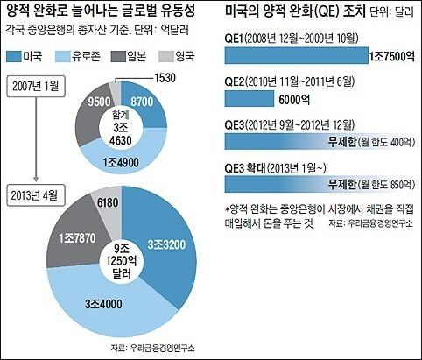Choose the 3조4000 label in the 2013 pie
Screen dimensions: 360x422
(x=103, y=304)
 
